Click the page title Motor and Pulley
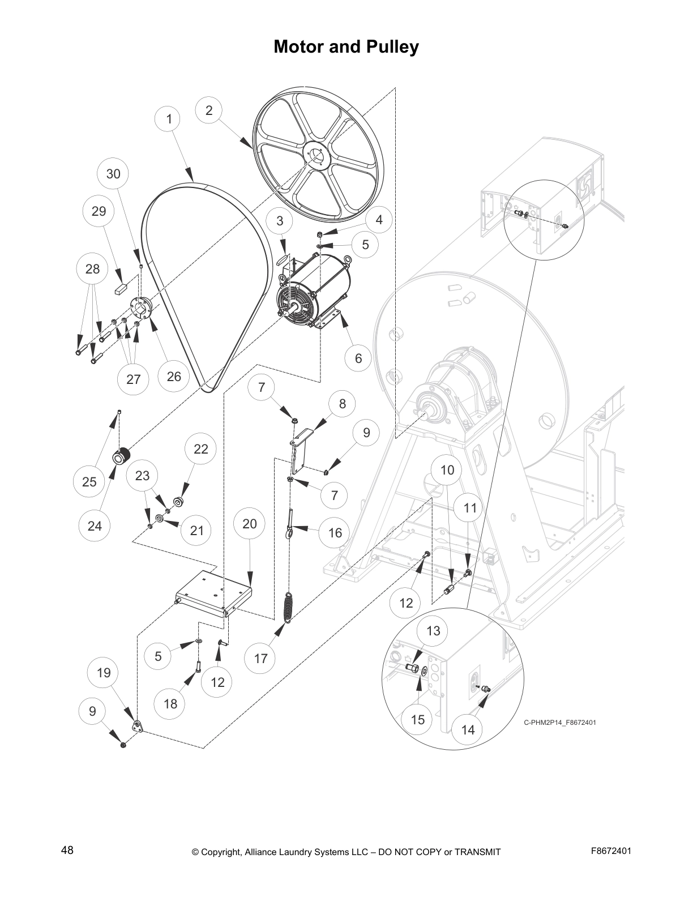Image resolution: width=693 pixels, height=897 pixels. coord(346,46)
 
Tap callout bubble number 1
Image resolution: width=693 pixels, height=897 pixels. coord(169,119)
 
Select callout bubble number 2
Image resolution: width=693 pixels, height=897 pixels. coord(209,110)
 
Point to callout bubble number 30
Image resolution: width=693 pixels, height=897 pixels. coord(113,174)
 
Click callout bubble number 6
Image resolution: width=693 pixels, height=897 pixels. coord(358,358)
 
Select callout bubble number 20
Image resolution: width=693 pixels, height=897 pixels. coord(250,524)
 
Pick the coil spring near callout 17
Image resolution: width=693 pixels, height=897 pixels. coord(289,608)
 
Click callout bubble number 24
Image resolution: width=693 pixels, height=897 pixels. coord(95,526)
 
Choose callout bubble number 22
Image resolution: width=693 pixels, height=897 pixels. coord(201,449)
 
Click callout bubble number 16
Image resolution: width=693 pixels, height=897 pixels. coord(335,533)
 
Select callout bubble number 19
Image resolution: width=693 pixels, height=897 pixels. coord(104,673)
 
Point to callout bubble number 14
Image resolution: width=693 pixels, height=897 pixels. coord(468,730)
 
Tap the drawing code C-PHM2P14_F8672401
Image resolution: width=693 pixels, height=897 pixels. coord(559,723)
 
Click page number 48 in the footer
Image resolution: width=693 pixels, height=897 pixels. coord(67,850)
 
